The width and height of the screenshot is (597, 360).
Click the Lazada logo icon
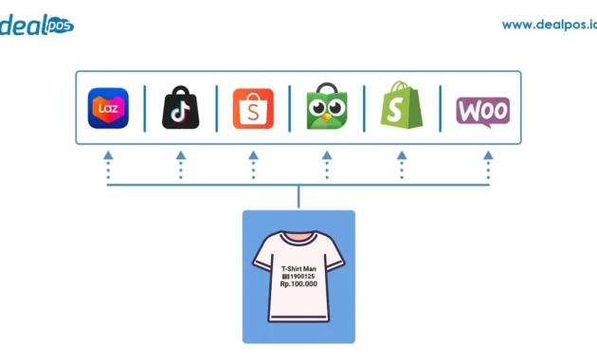click(x=108, y=108)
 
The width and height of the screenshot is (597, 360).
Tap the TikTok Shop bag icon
click(x=180, y=108)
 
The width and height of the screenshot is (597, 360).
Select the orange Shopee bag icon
click(x=253, y=108)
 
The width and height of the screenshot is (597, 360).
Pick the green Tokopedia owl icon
click(x=327, y=108)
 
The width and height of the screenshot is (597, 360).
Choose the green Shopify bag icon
click(x=401, y=107)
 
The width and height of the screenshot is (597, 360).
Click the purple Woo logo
click(x=482, y=110)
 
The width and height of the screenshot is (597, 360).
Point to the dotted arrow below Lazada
click(x=108, y=165)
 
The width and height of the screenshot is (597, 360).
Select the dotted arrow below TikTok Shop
click(x=180, y=165)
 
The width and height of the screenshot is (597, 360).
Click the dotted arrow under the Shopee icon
click(x=253, y=165)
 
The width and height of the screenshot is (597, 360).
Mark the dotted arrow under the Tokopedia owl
click(x=327, y=165)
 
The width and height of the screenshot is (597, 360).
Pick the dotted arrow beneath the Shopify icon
click(x=401, y=165)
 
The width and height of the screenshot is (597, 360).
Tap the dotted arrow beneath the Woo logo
click(x=488, y=165)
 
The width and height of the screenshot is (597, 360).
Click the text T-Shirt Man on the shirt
click(x=298, y=268)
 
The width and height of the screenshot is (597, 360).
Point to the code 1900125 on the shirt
click(x=302, y=277)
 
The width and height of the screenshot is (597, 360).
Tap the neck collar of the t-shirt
click(x=298, y=240)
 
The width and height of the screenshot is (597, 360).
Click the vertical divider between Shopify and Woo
click(x=440, y=108)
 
